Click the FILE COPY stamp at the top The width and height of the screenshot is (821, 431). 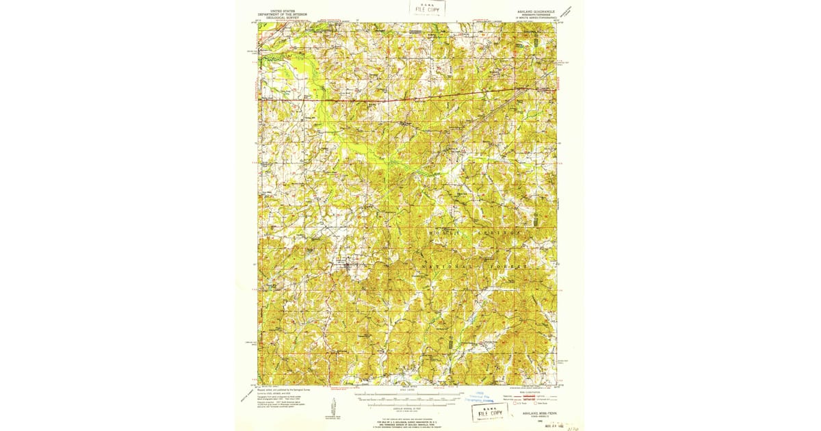click(428, 8)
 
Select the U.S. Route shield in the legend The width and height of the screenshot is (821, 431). click(517, 404)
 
